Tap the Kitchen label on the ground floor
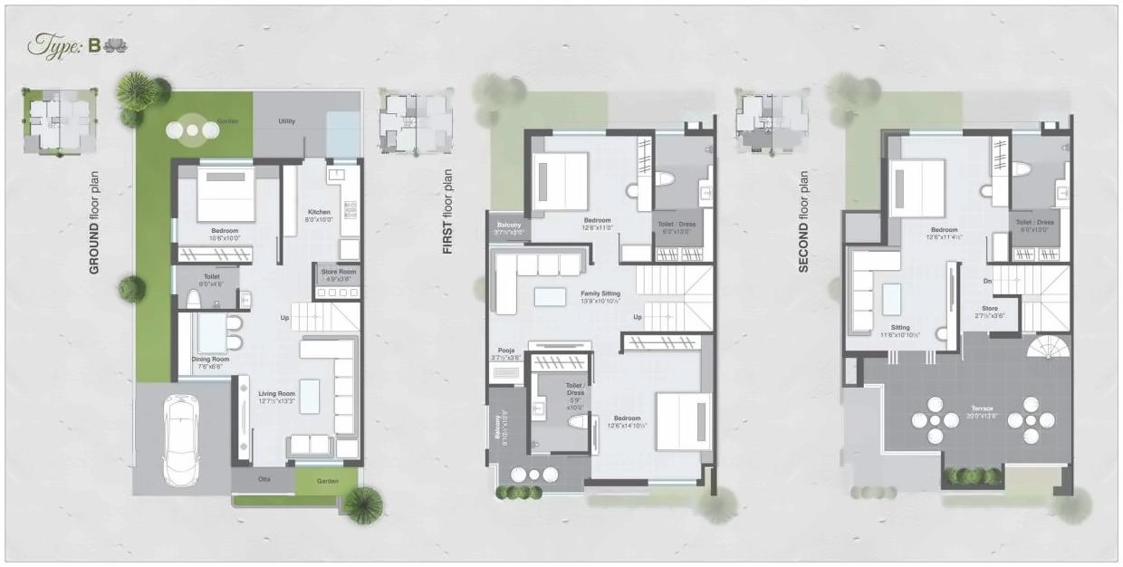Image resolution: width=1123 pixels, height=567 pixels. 319,212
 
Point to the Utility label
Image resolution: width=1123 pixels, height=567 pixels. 287,120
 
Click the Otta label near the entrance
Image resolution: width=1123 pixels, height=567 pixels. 264,478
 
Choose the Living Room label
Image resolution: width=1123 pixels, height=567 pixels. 276,393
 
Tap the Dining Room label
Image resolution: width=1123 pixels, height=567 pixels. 210,359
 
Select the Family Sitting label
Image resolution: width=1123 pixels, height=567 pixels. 600,293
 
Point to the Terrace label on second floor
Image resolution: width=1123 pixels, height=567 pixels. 980,384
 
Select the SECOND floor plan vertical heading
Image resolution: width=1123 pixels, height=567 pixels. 802,223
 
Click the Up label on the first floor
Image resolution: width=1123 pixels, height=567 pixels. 638,317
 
